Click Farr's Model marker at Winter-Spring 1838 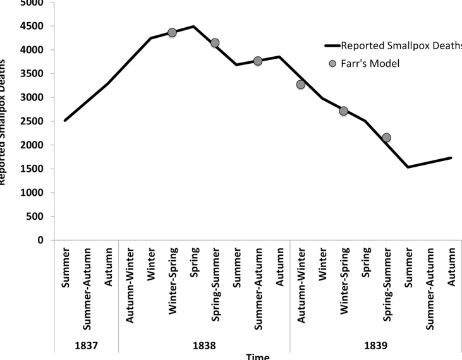[x=172, y=32]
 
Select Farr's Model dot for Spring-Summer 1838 [x=215, y=43]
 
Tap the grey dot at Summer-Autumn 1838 [x=258, y=61]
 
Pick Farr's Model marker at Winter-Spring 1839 [x=344, y=111]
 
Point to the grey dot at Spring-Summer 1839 [x=387, y=138]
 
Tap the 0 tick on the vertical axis [x=40, y=240]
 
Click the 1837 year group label [x=87, y=345]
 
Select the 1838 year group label [x=204, y=345]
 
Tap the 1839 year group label [x=376, y=345]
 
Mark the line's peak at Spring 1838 [x=193, y=26]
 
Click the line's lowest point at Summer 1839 [x=408, y=167]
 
